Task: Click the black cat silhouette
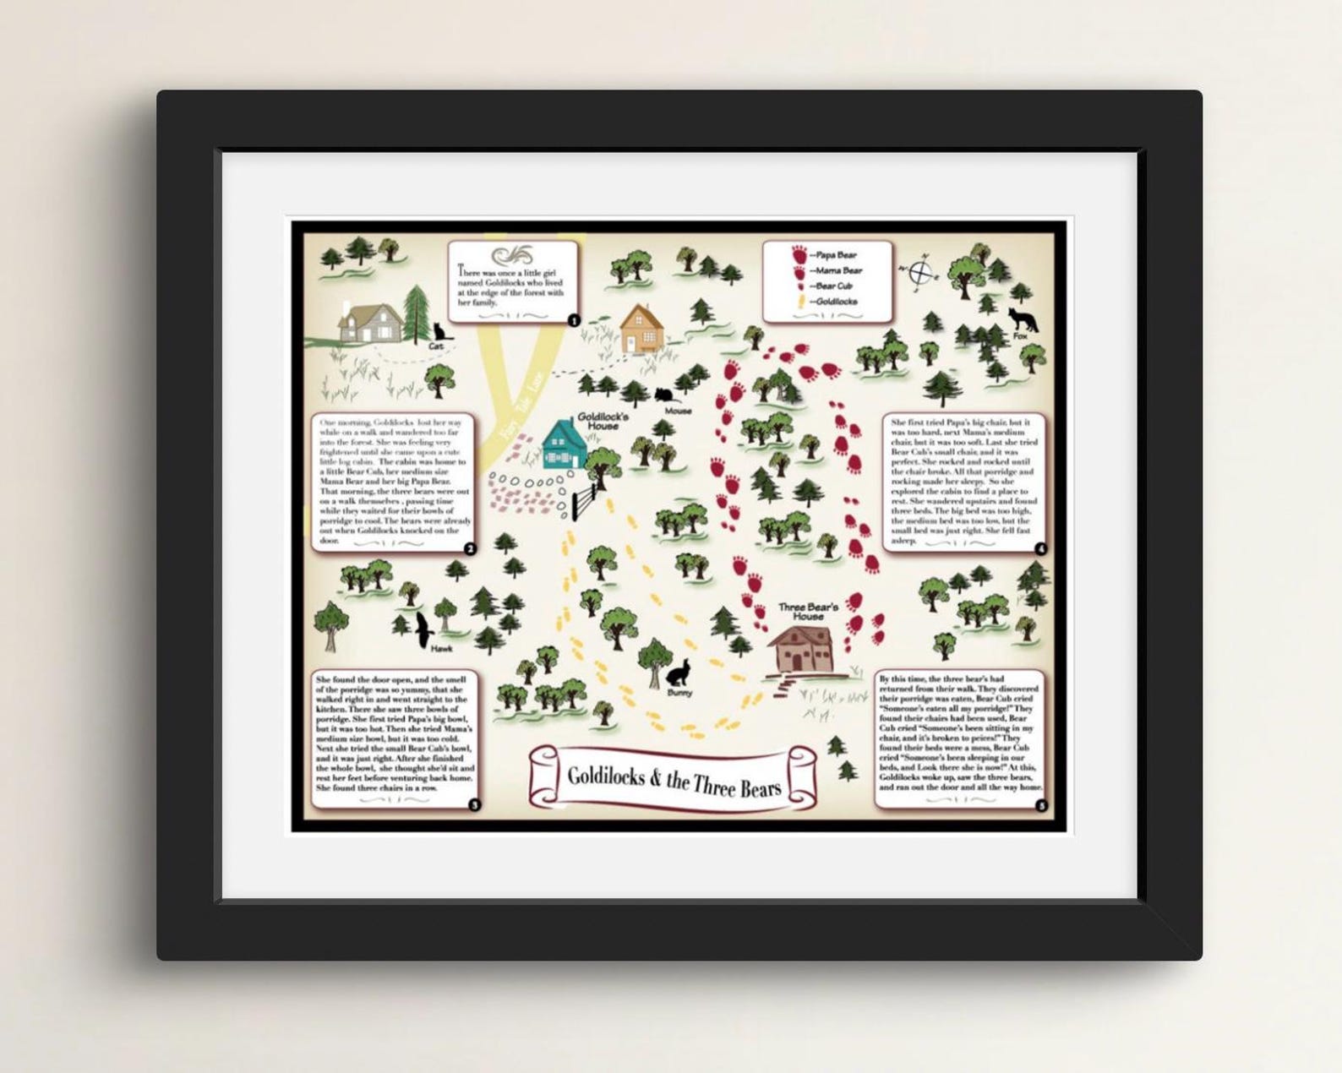(x=438, y=331)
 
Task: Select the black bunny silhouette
(x=679, y=673)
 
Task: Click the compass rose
(x=923, y=272)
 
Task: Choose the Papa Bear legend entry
(x=828, y=254)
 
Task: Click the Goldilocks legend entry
(x=828, y=301)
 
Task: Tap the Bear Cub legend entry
(x=828, y=286)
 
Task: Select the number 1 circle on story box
(x=574, y=320)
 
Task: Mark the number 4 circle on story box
(x=1039, y=549)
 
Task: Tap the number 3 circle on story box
(x=474, y=805)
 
